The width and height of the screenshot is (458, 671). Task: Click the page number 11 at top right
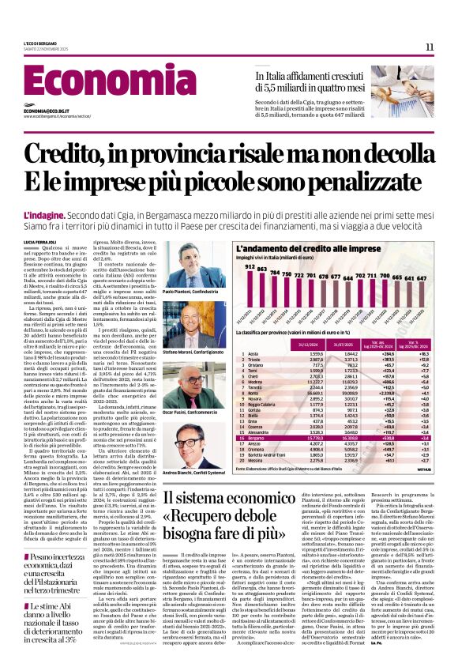tap(430, 47)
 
